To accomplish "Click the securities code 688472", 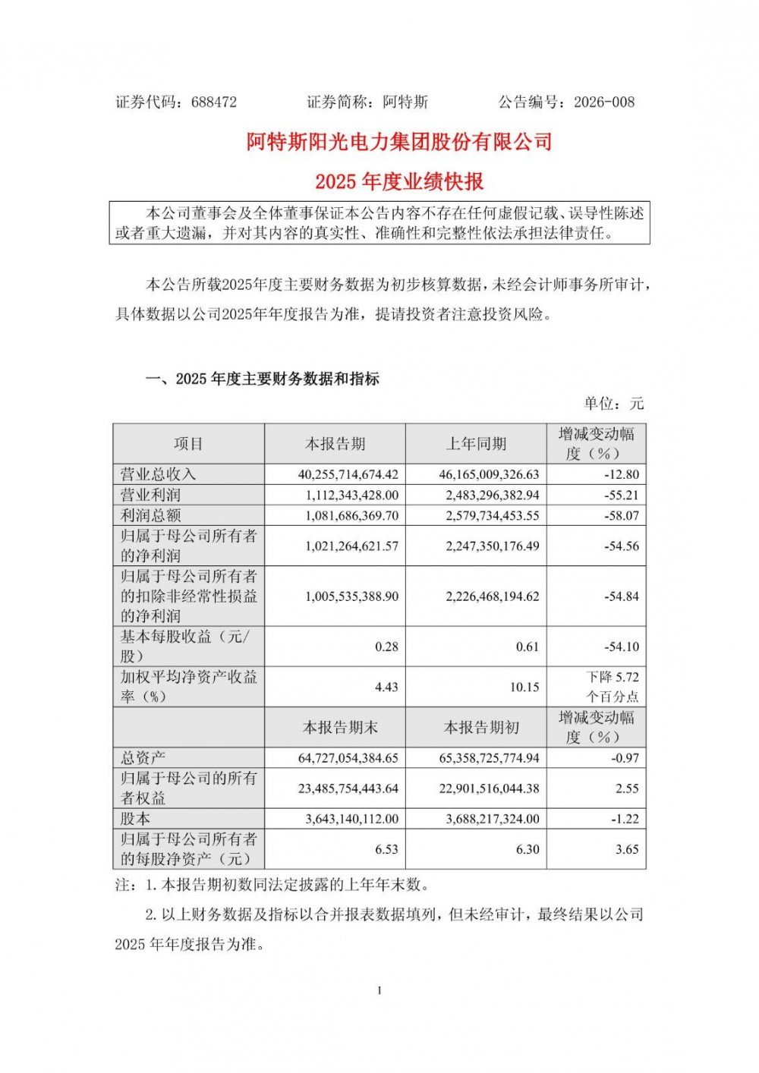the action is [214, 102].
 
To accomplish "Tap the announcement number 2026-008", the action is [604, 102].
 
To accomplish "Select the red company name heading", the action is [399, 142].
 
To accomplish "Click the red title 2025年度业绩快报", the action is [399, 182].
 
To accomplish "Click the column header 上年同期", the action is [476, 444].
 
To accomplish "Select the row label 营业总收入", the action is [159, 474].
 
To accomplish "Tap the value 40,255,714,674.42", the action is [348, 474].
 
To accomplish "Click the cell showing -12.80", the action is [624, 474].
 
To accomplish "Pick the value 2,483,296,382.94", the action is [489, 495].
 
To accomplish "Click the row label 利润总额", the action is [151, 515].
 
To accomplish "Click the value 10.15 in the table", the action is [524, 687].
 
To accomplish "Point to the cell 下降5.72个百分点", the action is [612, 687].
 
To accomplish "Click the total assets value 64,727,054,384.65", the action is [348, 758].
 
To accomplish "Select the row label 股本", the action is [136, 819].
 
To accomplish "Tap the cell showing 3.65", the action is [627, 849].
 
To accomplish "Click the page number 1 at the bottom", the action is [379, 990].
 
